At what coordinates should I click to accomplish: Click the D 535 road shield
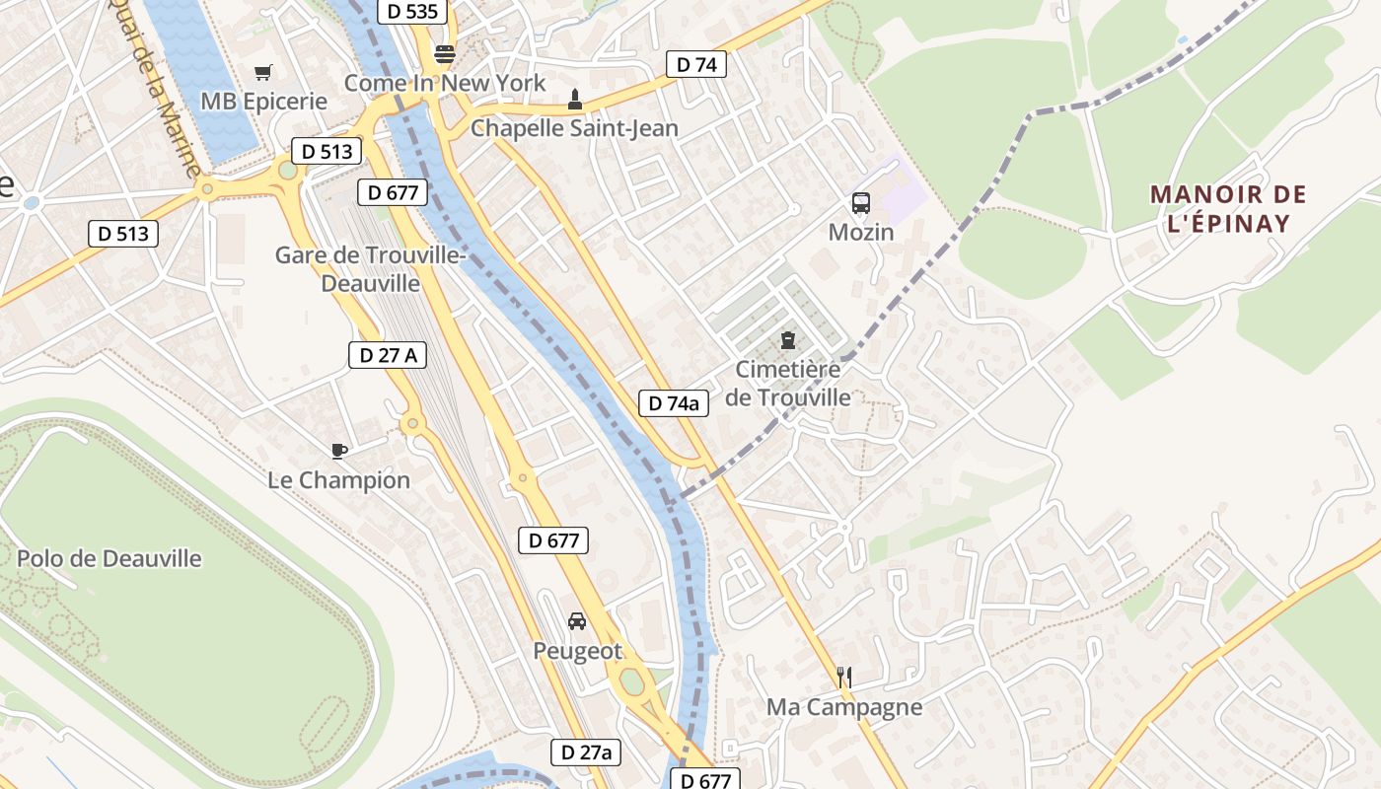(411, 12)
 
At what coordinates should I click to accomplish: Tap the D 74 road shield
(696, 65)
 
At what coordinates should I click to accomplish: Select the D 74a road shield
(674, 402)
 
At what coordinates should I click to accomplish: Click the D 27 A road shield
(388, 355)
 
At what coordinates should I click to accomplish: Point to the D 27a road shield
(586, 753)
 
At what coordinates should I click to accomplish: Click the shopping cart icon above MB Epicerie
(262, 72)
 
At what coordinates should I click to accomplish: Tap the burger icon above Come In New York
(445, 54)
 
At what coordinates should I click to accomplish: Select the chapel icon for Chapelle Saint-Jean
(574, 100)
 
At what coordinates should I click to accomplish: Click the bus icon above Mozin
(861, 203)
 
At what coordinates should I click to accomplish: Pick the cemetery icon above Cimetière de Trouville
(787, 340)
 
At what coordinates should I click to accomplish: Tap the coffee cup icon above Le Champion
(339, 452)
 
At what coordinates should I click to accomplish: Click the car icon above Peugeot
(577, 621)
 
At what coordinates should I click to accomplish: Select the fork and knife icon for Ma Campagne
(843, 678)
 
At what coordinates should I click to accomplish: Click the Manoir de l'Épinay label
(1228, 209)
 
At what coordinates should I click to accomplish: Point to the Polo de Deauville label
(109, 558)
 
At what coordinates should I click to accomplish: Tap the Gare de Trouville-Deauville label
(370, 269)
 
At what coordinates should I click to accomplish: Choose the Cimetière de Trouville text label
(788, 384)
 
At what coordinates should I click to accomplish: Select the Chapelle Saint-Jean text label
(574, 128)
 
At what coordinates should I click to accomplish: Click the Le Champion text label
(339, 480)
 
